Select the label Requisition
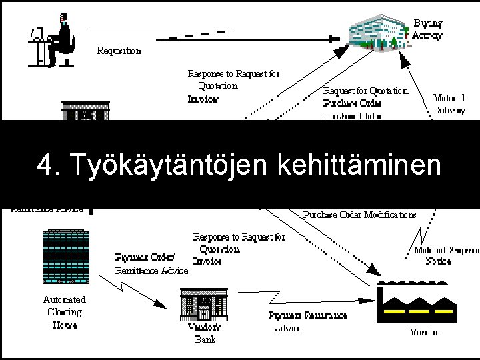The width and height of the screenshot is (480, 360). click(119, 50)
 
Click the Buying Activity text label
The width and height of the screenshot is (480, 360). click(427, 30)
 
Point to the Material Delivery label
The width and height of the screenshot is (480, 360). click(449, 104)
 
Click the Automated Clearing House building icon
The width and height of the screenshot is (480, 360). click(65, 257)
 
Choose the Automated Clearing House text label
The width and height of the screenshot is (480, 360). click(65, 313)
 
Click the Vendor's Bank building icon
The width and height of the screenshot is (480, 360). click(204, 305)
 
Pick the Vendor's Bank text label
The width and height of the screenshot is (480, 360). click(205, 333)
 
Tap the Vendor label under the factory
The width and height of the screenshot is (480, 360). click(424, 332)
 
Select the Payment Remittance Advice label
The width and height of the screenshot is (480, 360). click(307, 321)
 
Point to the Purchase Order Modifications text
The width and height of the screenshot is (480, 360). click(360, 215)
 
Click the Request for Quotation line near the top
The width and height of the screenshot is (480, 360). click(365, 91)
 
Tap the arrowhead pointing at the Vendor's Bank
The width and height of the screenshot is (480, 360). click(163, 304)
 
